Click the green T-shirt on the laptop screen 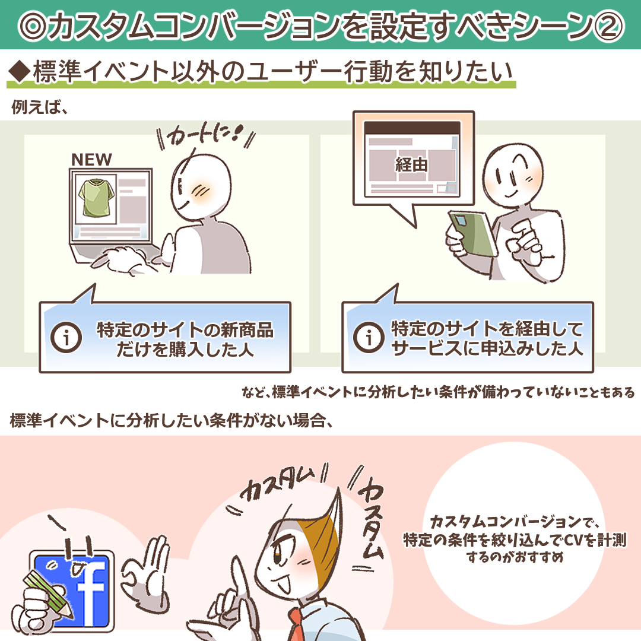point(97,198)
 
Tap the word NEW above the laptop point(91,160)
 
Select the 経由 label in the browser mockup point(411,165)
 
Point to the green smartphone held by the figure point(473,234)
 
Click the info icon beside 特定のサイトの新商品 point(66,337)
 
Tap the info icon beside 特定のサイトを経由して point(369,337)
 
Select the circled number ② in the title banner point(608,26)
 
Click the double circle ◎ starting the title point(33,26)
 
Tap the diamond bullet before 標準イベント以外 point(19,71)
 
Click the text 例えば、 point(39,107)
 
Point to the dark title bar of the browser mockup point(412,128)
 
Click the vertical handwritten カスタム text point(370,517)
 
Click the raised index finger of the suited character point(240,580)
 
